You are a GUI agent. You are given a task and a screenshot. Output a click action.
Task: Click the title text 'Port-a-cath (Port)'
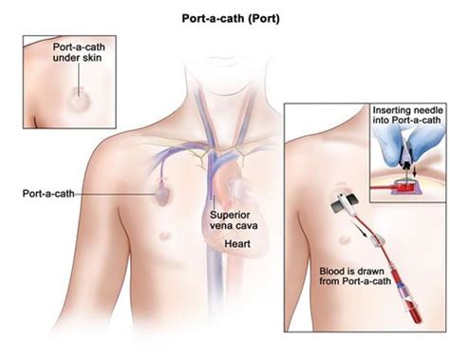[225, 17]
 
